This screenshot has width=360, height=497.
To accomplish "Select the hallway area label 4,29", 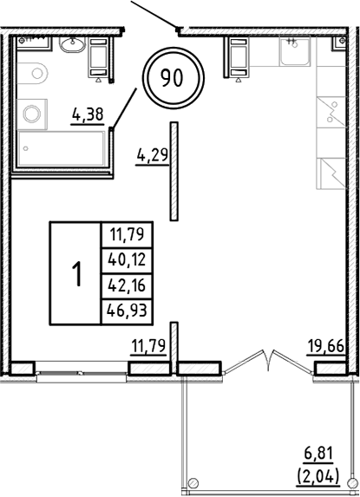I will click(151, 156).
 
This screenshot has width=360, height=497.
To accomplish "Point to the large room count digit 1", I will click(76, 274).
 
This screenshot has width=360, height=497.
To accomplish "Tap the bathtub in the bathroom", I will click(61, 151).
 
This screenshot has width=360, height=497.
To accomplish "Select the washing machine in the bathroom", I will click(33, 114).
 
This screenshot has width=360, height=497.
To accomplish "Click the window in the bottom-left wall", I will click(82, 373).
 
